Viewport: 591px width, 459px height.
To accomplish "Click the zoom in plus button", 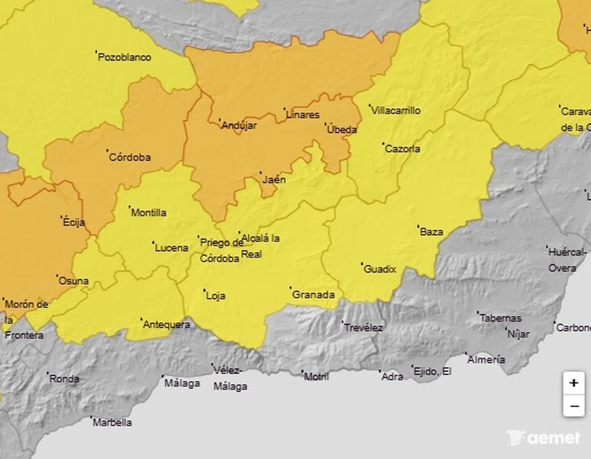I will point(574,383).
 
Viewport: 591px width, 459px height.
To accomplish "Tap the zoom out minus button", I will point(574,406).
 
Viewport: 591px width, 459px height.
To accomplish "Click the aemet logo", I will point(544,438).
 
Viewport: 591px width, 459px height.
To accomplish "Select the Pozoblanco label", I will point(124,57).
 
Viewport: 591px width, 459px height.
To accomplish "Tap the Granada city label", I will point(313,295).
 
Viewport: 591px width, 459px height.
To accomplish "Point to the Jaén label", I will point(274,180).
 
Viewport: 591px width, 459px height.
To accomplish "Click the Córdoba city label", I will point(130,157).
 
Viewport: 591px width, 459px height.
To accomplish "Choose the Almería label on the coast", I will point(486,359).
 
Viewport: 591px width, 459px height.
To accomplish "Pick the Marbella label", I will point(112,422).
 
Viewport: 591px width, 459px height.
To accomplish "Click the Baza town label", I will point(431,232).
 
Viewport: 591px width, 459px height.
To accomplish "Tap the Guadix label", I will point(380,269).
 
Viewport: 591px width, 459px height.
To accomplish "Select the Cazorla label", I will point(402,149).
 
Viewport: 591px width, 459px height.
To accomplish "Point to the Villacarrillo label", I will point(396,110).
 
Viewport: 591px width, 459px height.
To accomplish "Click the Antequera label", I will point(166,325).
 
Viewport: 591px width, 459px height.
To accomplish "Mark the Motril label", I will point(316,377).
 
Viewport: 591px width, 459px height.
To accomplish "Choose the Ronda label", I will point(64,379).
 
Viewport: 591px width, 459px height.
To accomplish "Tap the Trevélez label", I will point(363,328).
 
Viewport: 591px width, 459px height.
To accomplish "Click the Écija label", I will point(74,222).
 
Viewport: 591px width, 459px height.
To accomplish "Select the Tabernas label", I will point(501,318).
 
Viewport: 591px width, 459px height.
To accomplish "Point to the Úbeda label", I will point(342,130).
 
